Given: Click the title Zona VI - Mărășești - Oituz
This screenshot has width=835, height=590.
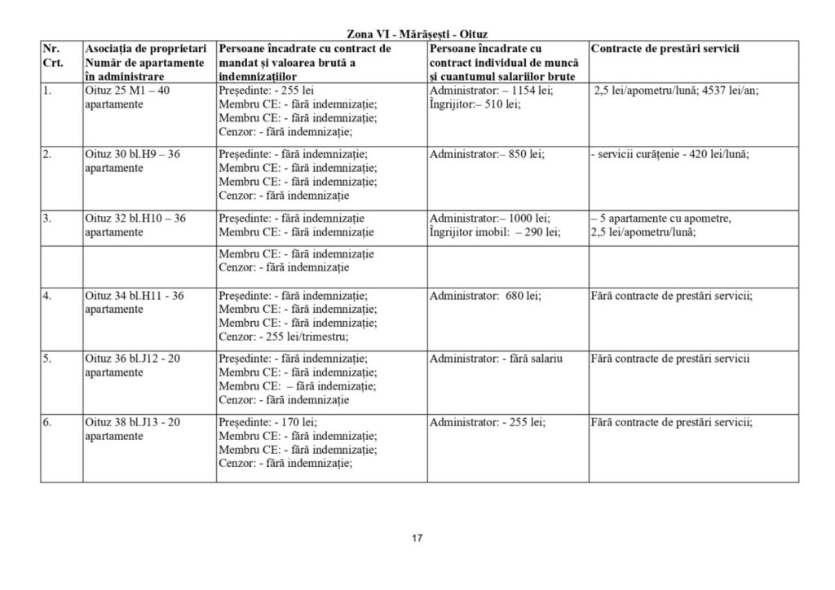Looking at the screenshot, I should pyautogui.click(x=417, y=33).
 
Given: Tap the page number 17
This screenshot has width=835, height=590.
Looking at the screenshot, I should pyautogui.click(x=417, y=538).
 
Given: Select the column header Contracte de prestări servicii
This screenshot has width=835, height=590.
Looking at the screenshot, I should pyautogui.click(x=665, y=49).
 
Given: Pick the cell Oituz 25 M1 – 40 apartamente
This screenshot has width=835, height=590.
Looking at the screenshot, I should pyautogui.click(x=127, y=98).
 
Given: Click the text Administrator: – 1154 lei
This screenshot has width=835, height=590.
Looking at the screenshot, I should pyautogui.click(x=491, y=90).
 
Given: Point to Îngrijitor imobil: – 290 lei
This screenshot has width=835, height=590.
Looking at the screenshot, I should pyautogui.click(x=494, y=232).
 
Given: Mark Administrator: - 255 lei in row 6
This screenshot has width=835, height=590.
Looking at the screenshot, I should pyautogui.click(x=488, y=422).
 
